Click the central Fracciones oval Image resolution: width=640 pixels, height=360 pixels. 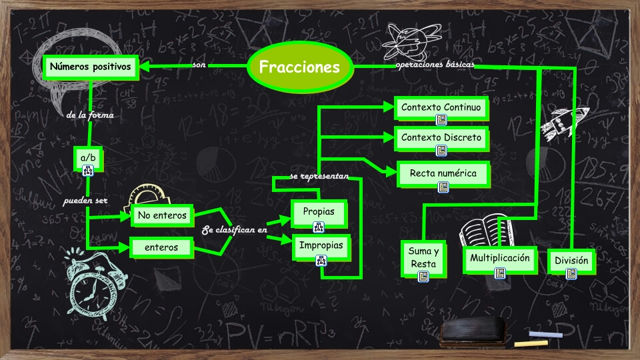tap(299, 67)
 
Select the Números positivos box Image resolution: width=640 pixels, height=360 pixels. tap(91, 67)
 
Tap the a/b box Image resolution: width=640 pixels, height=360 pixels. tap(88, 158)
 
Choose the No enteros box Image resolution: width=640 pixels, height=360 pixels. tap(161, 215)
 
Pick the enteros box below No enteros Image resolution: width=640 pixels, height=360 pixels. tap(161, 247)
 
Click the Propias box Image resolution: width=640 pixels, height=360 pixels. tap(319, 212)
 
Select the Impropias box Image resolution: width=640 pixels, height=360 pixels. tap(321, 246)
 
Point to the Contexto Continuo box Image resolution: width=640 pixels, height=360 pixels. tap(441, 107)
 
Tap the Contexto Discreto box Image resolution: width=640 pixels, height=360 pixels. tap(441, 138)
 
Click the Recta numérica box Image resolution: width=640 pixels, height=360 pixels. tap(443, 173)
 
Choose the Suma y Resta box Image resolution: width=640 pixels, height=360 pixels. tap(423, 257)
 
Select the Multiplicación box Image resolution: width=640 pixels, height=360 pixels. tap(499, 258)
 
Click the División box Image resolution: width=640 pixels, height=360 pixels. tap(571, 261)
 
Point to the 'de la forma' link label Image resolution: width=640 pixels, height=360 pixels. tap(91, 115)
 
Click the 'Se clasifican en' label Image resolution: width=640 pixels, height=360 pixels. tap(235, 230)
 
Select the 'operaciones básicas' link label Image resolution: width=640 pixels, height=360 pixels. tap(434, 65)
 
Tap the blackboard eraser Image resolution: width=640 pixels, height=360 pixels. tap(473, 331)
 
